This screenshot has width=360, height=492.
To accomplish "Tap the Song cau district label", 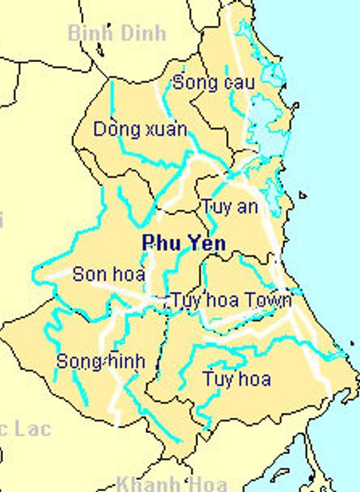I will click(213, 83).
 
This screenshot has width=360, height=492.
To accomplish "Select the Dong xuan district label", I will click(140, 129).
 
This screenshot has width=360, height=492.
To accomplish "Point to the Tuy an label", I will click(229, 207).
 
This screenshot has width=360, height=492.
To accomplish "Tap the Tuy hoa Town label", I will click(231, 300).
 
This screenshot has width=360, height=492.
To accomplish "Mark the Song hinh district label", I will click(101, 362).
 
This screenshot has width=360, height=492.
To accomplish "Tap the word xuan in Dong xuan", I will click(162, 129).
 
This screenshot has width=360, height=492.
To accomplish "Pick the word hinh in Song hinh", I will click(123, 362).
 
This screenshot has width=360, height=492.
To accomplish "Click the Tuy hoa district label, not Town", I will click(236, 378).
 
